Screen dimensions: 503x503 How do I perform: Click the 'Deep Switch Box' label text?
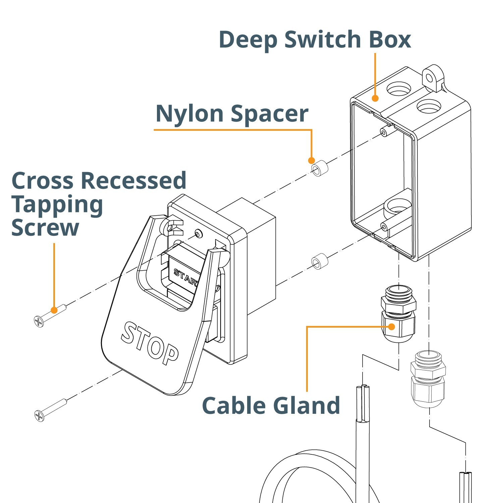tap(315, 40)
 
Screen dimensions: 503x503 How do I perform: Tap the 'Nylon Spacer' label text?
tap(232, 113)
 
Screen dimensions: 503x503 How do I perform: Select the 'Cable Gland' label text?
tap(271, 405)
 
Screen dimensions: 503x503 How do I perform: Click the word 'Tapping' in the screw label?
tap(57, 205)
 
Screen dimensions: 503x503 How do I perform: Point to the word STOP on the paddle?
tap(150, 344)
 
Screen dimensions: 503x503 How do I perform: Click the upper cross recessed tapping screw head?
tap(39, 321)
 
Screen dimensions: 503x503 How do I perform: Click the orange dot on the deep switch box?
tap(375, 98)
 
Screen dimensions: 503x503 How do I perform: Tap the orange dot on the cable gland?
tap(391, 327)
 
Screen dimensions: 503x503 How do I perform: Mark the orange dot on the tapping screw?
tap(54, 310)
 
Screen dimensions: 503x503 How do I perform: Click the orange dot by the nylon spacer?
tap(311, 161)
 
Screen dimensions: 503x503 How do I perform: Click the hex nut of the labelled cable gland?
tap(398, 304)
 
